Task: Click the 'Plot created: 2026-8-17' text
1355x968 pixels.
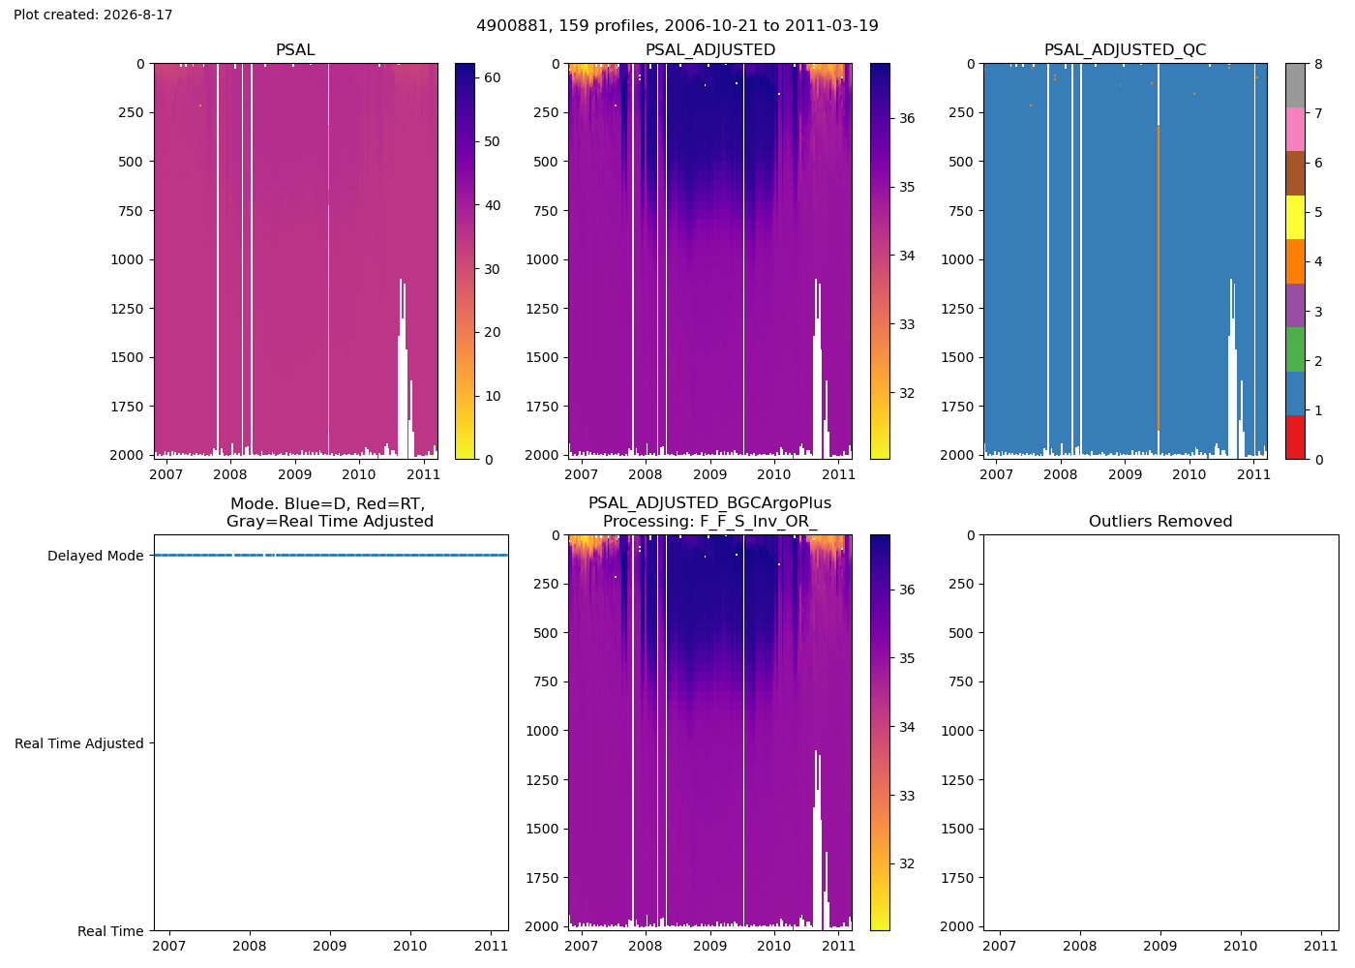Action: point(93,15)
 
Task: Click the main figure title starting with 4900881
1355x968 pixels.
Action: point(677,25)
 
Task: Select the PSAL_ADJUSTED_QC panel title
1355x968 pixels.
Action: point(1125,49)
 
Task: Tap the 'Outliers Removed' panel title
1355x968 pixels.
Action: point(1160,521)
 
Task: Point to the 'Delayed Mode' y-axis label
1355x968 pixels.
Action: point(96,556)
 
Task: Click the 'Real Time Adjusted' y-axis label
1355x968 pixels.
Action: point(79,743)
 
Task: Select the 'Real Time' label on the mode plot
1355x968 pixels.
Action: point(110,931)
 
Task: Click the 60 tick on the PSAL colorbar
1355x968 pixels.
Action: point(493,77)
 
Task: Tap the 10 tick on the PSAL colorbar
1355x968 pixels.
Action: point(493,396)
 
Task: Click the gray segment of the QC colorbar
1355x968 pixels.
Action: point(1295,85)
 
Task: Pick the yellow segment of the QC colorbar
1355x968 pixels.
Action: point(1295,217)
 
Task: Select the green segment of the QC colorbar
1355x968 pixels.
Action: point(1295,349)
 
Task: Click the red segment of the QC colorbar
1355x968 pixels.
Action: point(1295,438)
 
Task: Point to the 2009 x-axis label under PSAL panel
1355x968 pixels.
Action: point(294,474)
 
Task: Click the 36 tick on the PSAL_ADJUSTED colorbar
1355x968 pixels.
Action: point(907,118)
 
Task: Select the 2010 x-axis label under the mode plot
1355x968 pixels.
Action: point(410,946)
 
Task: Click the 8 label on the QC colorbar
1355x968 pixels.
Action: point(1318,64)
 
